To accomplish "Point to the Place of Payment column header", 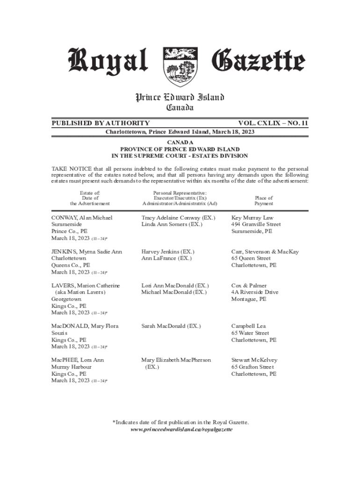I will tap(264, 201).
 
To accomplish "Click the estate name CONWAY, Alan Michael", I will tap(82, 218).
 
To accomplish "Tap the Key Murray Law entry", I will tap(252, 218).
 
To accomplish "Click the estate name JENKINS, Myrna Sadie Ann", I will tap(86, 252).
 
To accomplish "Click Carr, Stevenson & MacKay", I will tap(265, 252).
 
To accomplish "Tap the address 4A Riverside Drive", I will tap(255, 292).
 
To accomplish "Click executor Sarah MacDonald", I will tap(166, 326).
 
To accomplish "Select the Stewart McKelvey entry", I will tap(254, 360).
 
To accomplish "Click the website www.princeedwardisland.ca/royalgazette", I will tap(181, 429).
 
